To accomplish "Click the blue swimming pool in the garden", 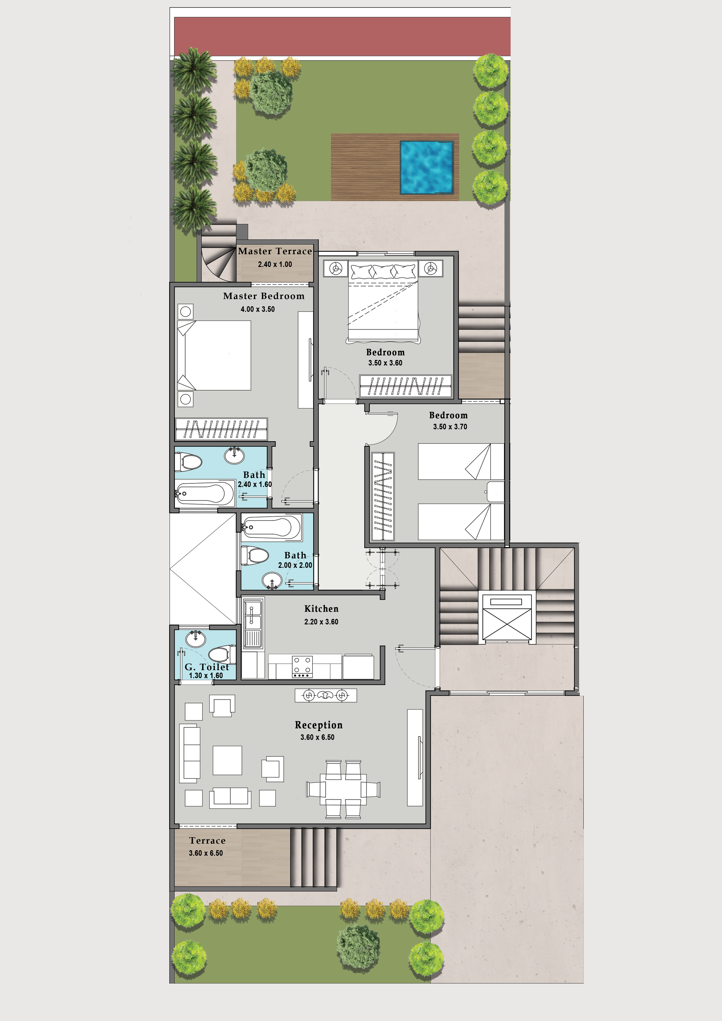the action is click(x=427, y=168).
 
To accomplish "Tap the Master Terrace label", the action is click(x=275, y=251).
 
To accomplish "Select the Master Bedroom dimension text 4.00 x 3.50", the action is click(x=258, y=309).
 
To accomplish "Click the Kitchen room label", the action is click(x=321, y=609).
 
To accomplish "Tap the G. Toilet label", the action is click(x=207, y=667).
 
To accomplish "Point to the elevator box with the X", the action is click(x=507, y=619).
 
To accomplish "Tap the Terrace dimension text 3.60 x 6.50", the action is click(x=206, y=853).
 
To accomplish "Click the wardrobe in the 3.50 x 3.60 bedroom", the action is click(x=405, y=386).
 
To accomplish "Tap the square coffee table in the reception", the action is click(x=227, y=760).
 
